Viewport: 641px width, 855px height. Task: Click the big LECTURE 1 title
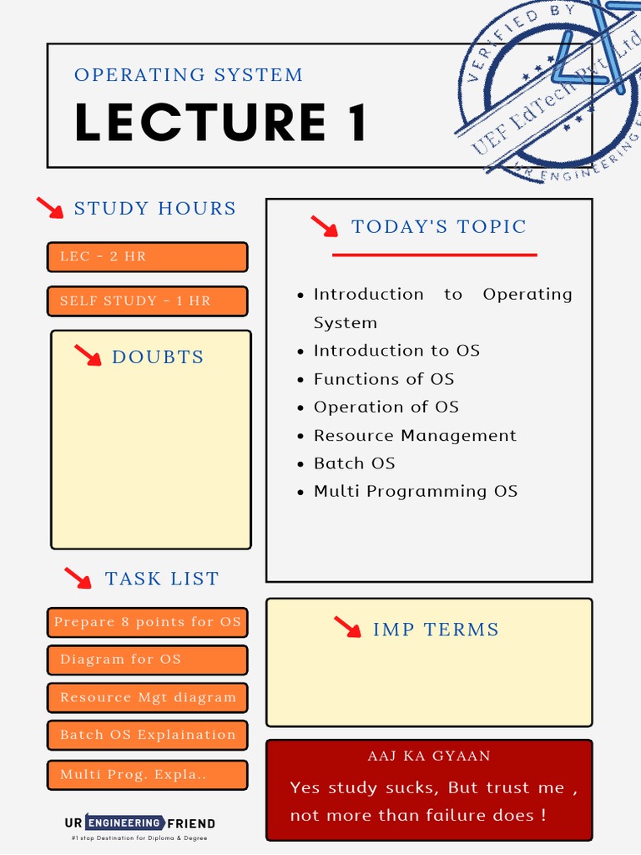click(x=221, y=123)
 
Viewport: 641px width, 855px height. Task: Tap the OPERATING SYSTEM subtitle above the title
click(x=189, y=75)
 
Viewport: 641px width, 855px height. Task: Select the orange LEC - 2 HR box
click(x=148, y=257)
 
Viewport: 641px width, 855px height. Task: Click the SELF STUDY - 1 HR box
click(x=148, y=301)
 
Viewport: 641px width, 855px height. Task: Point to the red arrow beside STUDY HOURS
click(x=50, y=208)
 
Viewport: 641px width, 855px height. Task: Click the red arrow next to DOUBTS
click(x=87, y=356)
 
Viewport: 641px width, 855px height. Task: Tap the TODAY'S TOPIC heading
click(x=439, y=227)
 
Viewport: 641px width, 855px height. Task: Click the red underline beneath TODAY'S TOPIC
click(x=434, y=255)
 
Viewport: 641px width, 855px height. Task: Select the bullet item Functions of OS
click(x=384, y=379)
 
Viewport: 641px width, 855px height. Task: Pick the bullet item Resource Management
click(x=415, y=436)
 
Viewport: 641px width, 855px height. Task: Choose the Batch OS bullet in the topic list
click(x=354, y=463)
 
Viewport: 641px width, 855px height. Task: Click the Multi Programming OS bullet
click(x=416, y=492)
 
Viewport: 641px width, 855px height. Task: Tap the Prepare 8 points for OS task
click(x=148, y=622)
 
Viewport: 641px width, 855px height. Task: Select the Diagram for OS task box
click(x=148, y=660)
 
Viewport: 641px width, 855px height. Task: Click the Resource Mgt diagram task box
click(x=148, y=697)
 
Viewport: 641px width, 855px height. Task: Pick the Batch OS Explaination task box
click(x=148, y=736)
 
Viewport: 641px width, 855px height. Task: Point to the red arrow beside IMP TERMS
click(x=347, y=628)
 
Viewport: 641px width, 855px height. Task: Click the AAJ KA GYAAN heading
click(x=429, y=756)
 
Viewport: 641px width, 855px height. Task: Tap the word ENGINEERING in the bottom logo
click(x=124, y=823)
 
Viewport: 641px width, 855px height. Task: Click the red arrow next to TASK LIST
click(x=78, y=578)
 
